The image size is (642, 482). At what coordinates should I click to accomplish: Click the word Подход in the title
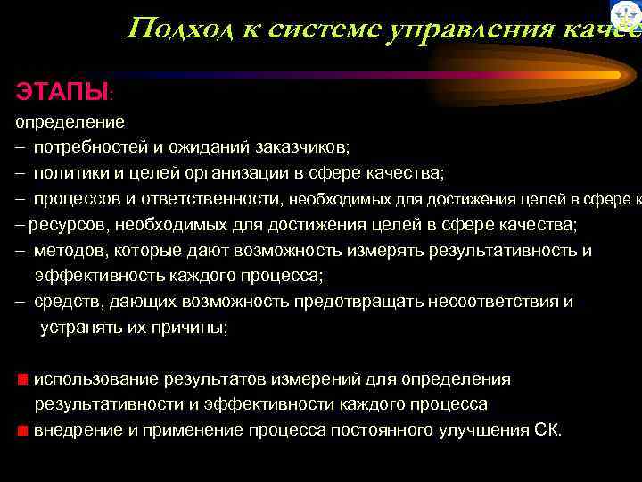[171, 29]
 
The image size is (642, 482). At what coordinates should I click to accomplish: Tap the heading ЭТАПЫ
[60, 91]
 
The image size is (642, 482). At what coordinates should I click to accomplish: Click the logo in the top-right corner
[627, 15]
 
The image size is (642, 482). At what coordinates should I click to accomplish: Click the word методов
[69, 250]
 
